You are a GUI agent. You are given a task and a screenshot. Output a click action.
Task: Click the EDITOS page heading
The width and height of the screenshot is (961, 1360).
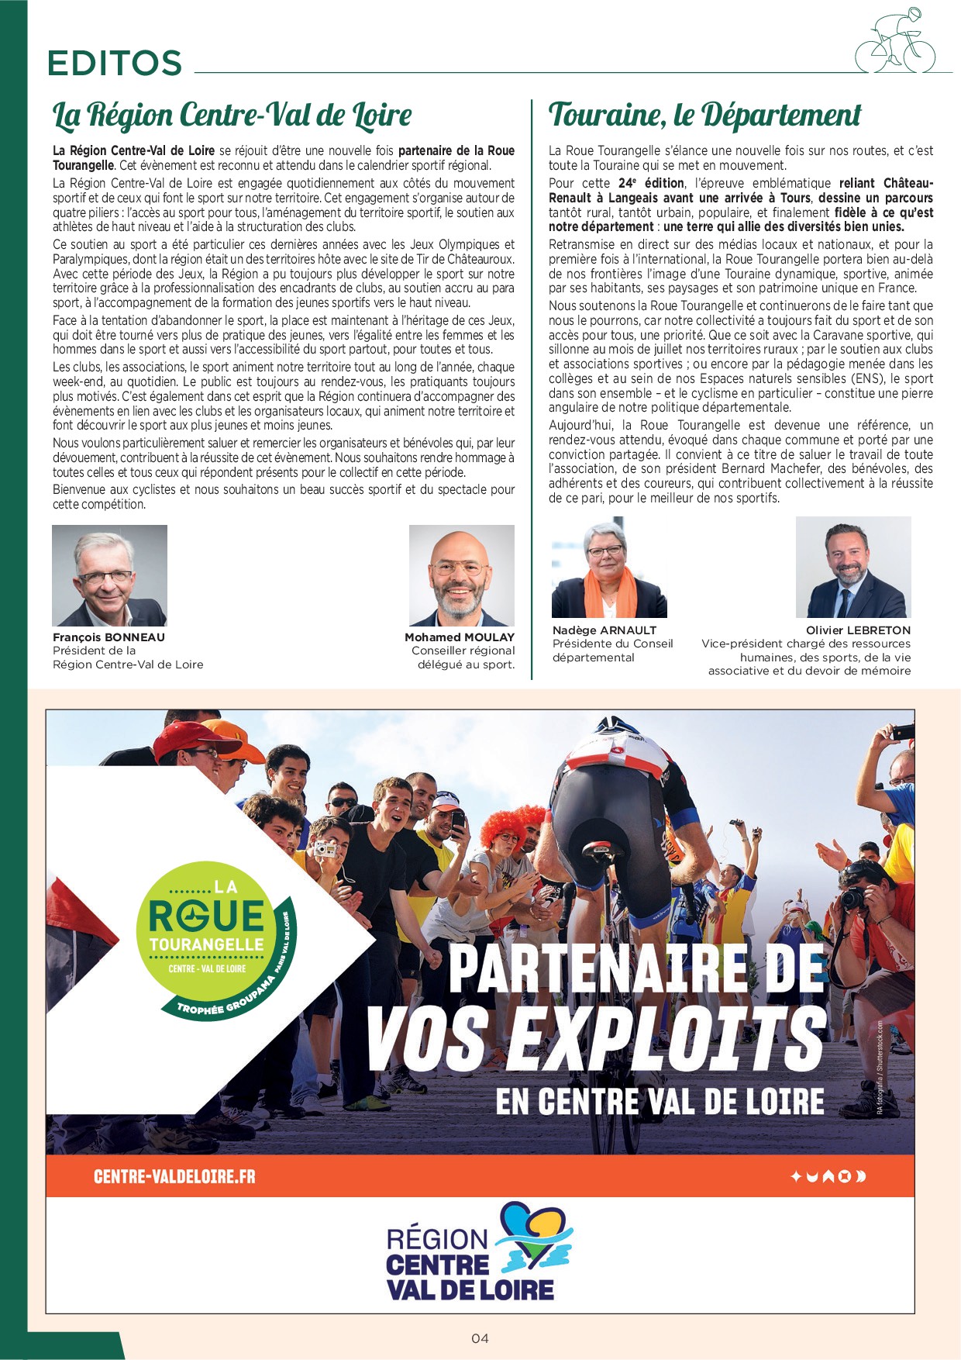tap(115, 64)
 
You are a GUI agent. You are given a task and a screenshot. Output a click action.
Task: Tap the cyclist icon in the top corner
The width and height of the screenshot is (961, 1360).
tap(895, 43)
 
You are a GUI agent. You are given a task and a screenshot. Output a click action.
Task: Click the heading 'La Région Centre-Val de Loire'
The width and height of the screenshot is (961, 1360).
tap(232, 116)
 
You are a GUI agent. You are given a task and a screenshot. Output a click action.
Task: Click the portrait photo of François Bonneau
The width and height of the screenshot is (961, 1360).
tap(109, 575)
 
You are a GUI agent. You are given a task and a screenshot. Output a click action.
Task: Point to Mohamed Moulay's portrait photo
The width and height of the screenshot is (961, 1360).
tap(461, 575)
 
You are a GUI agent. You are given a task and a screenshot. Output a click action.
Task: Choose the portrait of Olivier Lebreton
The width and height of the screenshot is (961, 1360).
tap(852, 568)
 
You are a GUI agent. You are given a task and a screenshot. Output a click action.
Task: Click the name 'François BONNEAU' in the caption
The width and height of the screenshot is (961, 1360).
tap(108, 637)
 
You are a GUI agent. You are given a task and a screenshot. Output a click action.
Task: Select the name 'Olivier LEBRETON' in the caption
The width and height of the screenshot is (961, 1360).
tap(858, 630)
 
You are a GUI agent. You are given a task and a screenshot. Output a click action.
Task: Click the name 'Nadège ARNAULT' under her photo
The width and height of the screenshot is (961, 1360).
tap(604, 630)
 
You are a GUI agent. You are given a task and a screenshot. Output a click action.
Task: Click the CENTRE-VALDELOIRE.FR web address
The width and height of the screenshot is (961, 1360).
tap(174, 1176)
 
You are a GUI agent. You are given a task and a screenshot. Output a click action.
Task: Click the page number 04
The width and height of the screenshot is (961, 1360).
tap(480, 1338)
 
